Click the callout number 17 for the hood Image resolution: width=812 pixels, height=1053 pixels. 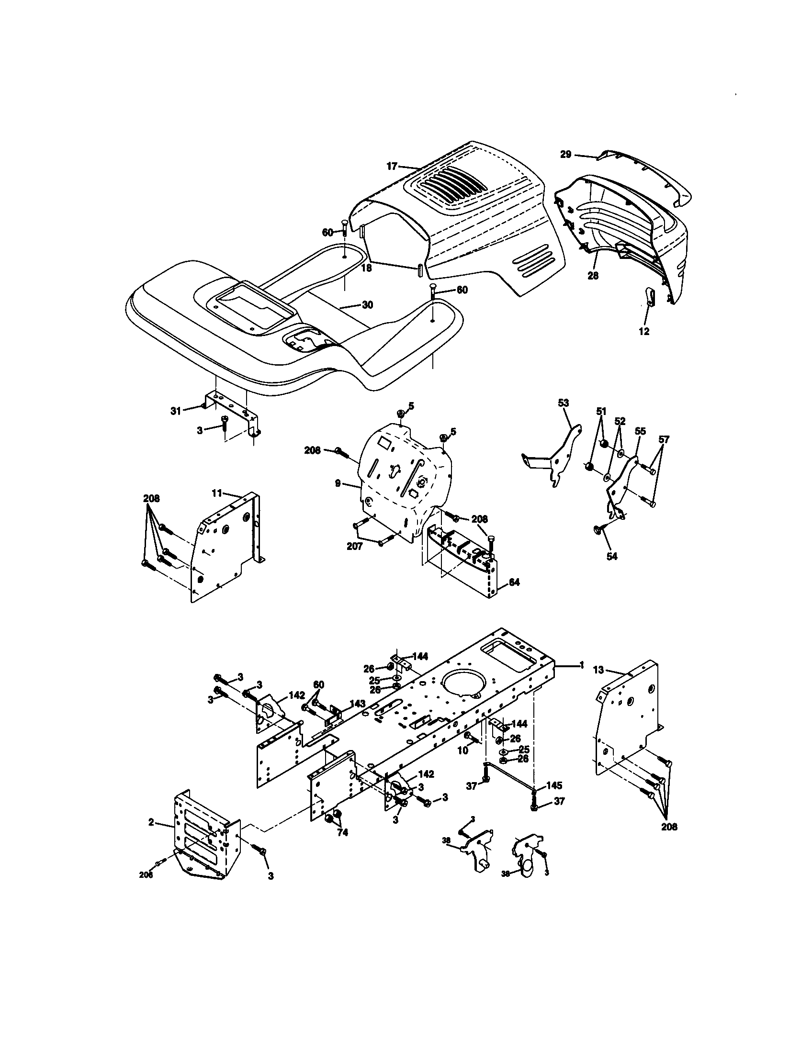(392, 167)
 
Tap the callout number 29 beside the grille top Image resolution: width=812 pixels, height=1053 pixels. (565, 154)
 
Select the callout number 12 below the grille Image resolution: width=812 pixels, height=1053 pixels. (644, 332)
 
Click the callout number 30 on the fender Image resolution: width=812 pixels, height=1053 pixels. (367, 305)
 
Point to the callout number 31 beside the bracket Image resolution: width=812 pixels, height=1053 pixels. (176, 411)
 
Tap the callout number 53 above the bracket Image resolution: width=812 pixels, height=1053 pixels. (563, 403)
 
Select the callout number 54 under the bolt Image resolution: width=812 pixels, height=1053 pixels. (611, 556)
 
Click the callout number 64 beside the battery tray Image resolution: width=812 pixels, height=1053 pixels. (515, 583)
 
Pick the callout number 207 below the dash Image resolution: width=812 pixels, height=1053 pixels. (355, 547)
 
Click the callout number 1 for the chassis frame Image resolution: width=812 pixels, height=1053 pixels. (582, 665)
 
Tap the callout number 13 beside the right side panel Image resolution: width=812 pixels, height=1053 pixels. (598, 670)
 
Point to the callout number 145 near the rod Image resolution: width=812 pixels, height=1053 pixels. (555, 785)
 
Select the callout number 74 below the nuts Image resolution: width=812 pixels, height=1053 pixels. (342, 833)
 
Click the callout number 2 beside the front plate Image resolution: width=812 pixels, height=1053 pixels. (151, 822)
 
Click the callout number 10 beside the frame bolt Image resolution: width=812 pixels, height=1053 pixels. (462, 751)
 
